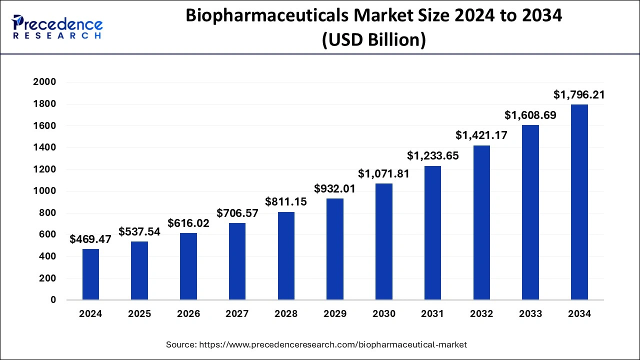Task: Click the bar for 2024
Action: point(90,274)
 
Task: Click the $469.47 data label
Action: point(90,239)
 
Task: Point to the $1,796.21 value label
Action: point(579,94)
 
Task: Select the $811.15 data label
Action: point(286,202)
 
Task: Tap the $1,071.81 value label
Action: point(383,174)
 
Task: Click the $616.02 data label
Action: point(188,223)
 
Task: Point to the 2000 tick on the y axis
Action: point(45,82)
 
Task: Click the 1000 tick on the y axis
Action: point(45,191)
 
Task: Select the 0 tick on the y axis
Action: point(52,300)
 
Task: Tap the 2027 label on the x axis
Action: point(237,314)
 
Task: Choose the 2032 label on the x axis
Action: point(481,314)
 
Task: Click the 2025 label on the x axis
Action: point(139,314)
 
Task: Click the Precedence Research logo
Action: point(57,27)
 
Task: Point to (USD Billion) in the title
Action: point(373,39)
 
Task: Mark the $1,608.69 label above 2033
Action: point(530,115)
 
